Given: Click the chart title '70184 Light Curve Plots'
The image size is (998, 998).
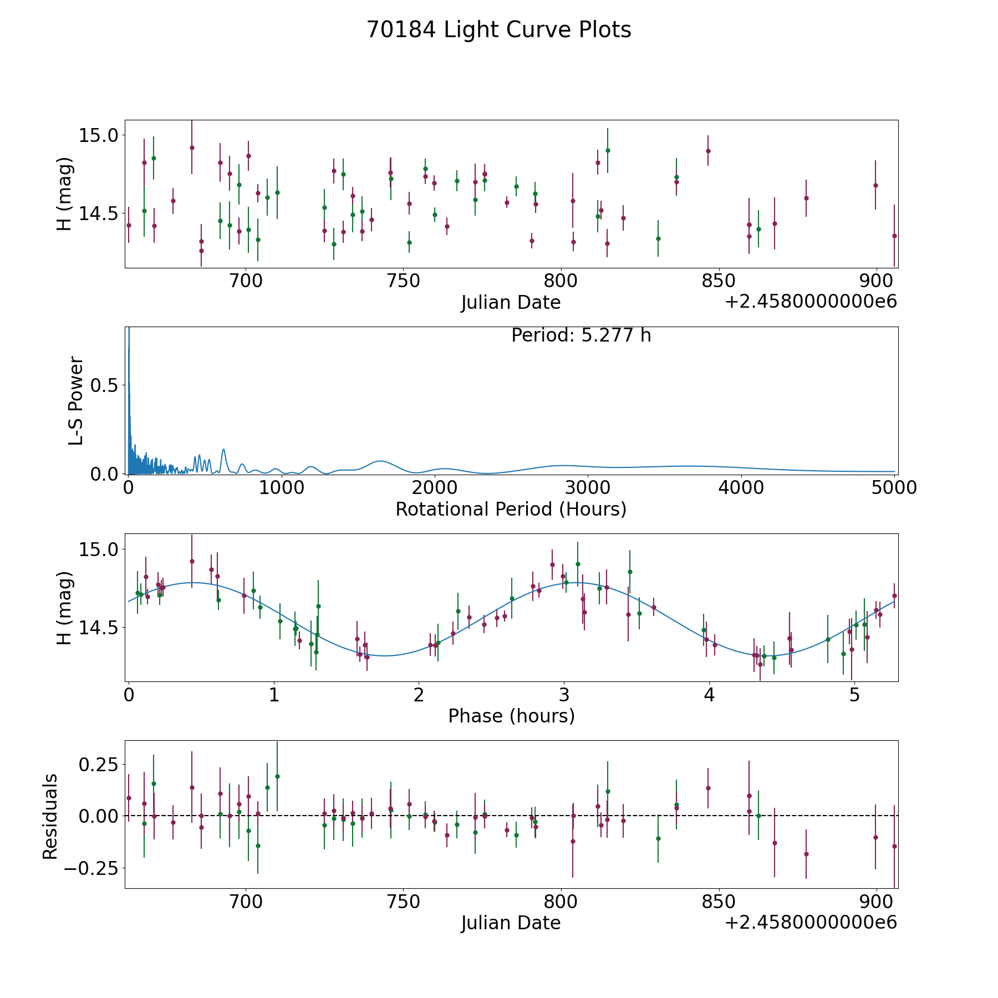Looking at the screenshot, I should (498, 30).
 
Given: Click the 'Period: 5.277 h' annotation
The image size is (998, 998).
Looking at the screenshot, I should (581, 335).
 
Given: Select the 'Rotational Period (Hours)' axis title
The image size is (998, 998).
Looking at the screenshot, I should (511, 509).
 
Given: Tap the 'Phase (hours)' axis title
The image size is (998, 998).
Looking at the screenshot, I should (511, 716).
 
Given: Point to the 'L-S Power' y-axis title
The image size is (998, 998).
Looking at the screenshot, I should (76, 400).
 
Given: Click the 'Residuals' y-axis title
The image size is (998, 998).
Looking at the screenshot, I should (50, 816).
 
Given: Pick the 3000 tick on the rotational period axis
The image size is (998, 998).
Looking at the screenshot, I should (588, 488).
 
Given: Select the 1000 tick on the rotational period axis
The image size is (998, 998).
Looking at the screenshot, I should (281, 488).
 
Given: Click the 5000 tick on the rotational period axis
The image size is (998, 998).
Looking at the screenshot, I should (894, 488).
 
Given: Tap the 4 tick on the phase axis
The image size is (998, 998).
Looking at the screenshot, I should (709, 695).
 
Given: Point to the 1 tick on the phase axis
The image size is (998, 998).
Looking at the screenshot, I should (274, 695).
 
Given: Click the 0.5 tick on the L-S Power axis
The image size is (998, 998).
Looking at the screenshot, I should (105, 385).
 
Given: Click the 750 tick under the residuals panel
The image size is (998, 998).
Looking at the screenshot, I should (403, 902).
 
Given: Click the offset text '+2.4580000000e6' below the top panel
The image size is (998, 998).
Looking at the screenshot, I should (811, 302).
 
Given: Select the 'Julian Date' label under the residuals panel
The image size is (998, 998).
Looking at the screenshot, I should (511, 923).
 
